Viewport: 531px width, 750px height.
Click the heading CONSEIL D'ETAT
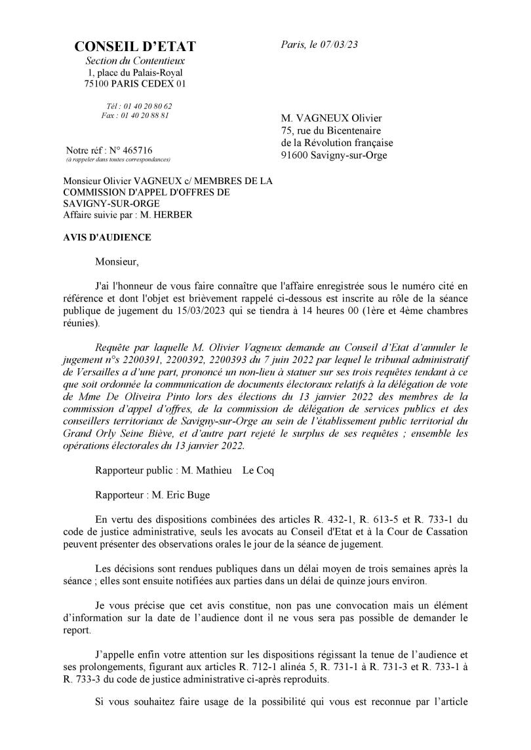[x=135, y=47]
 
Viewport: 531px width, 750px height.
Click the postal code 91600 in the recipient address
[x=294, y=156]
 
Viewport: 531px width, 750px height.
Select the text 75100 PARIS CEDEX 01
[x=135, y=84]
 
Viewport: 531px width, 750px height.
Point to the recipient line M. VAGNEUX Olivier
[x=331, y=118]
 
